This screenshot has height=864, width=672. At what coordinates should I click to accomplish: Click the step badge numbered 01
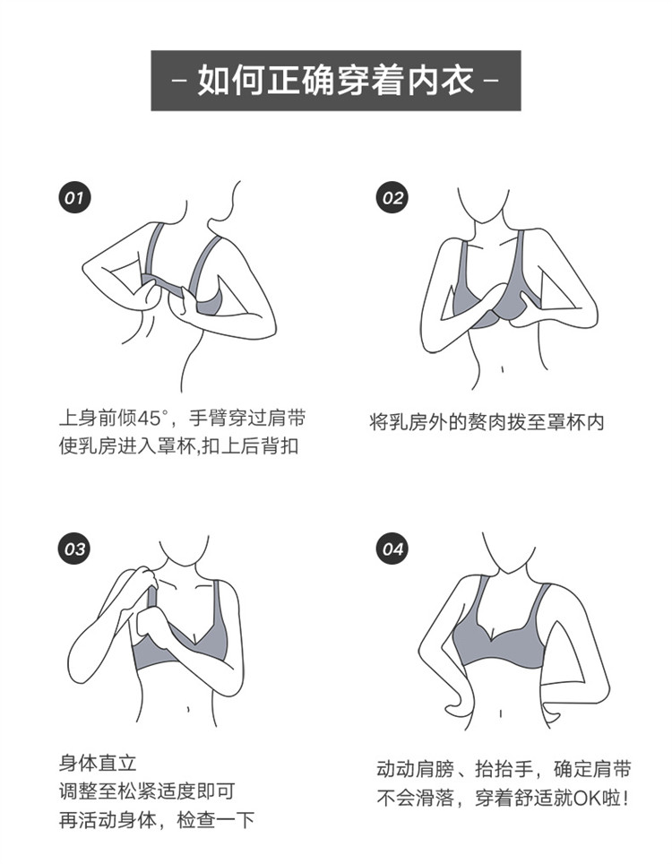[74, 198]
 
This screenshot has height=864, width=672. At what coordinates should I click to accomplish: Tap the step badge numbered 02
[392, 198]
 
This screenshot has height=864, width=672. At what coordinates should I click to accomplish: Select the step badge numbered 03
[74, 549]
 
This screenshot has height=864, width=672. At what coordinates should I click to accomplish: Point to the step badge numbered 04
[392, 549]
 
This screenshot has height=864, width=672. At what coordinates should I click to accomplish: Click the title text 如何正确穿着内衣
[335, 81]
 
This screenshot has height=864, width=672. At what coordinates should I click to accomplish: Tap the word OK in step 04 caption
[589, 798]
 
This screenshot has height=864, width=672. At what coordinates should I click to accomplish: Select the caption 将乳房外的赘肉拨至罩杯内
[487, 422]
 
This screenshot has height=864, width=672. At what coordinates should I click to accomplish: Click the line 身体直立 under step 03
[98, 763]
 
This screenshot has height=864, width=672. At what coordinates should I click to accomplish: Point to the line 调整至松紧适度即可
[147, 791]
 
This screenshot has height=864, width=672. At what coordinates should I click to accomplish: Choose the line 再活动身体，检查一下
[157, 820]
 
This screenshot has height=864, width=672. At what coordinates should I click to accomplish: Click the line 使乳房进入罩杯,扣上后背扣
[178, 445]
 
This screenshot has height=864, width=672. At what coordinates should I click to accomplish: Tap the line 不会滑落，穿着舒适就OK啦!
[502, 798]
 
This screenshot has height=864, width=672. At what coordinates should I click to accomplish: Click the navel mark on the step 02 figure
[502, 367]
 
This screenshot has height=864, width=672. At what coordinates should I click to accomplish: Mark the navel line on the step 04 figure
[500, 714]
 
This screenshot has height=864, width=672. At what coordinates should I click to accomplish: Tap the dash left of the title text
[178, 81]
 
